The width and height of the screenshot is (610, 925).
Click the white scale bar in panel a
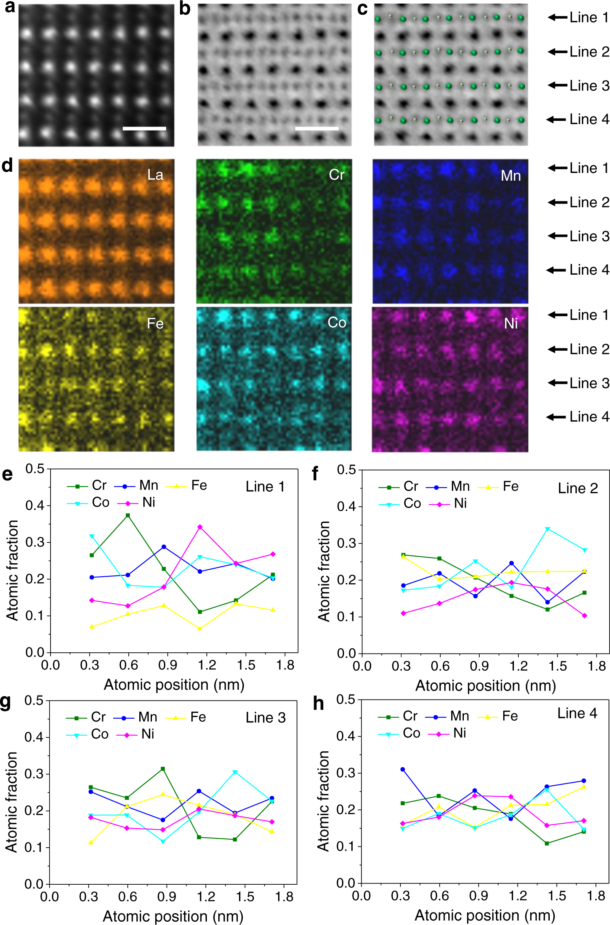pyautogui.click(x=144, y=128)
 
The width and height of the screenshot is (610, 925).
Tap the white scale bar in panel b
pyautogui.click(x=316, y=128)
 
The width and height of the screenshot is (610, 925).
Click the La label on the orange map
pyautogui.click(x=155, y=175)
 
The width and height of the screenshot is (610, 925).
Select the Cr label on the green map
pyautogui.click(x=337, y=175)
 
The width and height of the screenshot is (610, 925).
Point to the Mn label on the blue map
pyautogui.click(x=511, y=176)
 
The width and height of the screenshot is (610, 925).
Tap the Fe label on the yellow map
pyautogui.click(x=155, y=324)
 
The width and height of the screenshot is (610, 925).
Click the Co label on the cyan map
pyautogui.click(x=337, y=323)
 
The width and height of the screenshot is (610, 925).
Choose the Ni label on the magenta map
pyautogui.click(x=511, y=324)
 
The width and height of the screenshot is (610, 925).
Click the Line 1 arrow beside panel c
pyautogui.click(x=557, y=17)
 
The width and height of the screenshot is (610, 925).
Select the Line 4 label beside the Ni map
pyautogui.click(x=589, y=417)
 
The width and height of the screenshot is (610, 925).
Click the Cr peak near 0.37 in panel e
pyautogui.click(x=128, y=515)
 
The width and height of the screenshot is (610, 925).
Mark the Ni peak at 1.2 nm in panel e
pyautogui.click(x=200, y=527)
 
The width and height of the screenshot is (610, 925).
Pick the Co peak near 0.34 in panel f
pyautogui.click(x=548, y=529)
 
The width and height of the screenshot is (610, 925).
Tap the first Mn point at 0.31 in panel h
pyautogui.click(x=403, y=770)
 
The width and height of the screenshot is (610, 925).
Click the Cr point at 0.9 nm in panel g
pyautogui.click(x=163, y=769)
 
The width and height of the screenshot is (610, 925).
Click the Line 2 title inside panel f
pyautogui.click(x=577, y=488)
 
